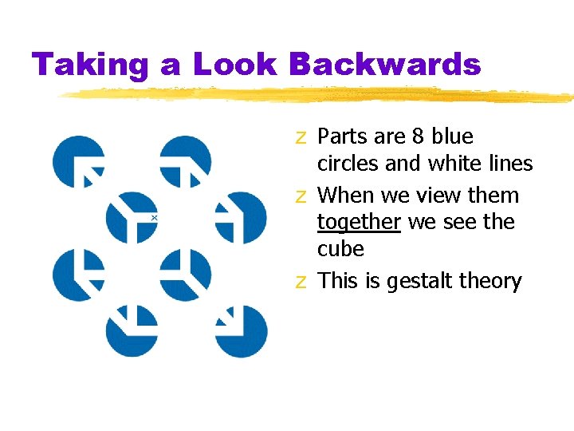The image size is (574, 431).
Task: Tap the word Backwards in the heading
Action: click(384, 65)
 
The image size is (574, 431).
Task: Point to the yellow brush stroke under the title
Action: click(319, 95)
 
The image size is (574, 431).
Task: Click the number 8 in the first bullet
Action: click(418, 136)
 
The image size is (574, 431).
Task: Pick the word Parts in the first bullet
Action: click(343, 136)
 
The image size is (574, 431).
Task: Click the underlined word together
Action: click(359, 222)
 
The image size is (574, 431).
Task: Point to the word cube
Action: click(340, 249)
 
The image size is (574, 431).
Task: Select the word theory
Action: click(489, 281)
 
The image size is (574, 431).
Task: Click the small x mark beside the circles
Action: click(154, 217)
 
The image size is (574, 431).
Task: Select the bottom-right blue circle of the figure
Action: click(241, 330)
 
